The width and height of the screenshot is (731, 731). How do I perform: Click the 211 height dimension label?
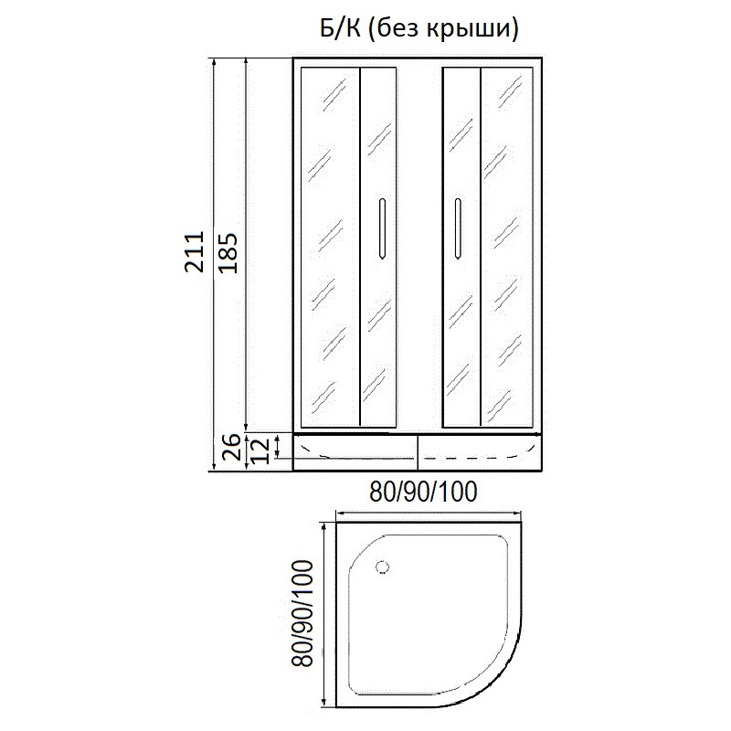[x=194, y=251]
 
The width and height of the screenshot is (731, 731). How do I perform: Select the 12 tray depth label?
[x=260, y=450]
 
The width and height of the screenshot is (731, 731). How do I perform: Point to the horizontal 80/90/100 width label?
[x=423, y=492]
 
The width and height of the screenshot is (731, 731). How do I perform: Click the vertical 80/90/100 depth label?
[x=302, y=613]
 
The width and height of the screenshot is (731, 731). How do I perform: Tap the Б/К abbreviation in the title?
[x=340, y=28]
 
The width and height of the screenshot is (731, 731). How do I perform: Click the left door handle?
[x=382, y=228]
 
